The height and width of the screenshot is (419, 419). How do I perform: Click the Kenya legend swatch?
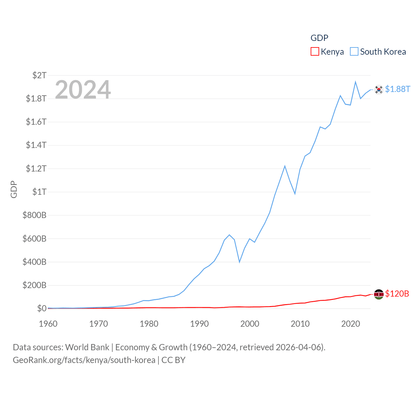point(315,52)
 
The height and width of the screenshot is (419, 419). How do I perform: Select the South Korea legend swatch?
point(354,52)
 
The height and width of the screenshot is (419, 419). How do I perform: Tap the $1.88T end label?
point(397,89)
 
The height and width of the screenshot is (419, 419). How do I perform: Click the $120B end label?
point(397,294)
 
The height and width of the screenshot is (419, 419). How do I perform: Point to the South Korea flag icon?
point(379,89)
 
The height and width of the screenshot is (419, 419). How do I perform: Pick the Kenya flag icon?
point(379,294)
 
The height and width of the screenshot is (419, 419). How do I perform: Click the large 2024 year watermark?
point(83,90)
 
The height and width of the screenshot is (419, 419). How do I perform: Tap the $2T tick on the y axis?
point(39,75)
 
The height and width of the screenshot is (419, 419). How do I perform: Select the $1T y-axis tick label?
point(39,192)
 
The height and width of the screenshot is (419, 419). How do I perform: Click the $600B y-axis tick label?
point(34,239)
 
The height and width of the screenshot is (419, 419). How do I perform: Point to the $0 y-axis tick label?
point(42,308)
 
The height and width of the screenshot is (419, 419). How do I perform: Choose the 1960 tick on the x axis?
point(48,324)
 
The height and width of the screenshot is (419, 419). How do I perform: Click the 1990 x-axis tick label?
point(199,324)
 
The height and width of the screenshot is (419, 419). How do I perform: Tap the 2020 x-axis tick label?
point(351,324)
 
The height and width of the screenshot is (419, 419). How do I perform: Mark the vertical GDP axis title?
point(14,189)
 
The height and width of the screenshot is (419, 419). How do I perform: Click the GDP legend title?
point(319,38)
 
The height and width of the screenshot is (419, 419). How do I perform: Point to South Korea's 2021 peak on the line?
point(355,82)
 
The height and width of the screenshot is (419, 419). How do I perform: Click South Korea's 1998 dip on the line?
point(240,262)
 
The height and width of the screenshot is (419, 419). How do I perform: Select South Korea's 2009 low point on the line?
point(295,193)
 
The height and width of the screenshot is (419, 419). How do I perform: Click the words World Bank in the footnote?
point(87,347)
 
